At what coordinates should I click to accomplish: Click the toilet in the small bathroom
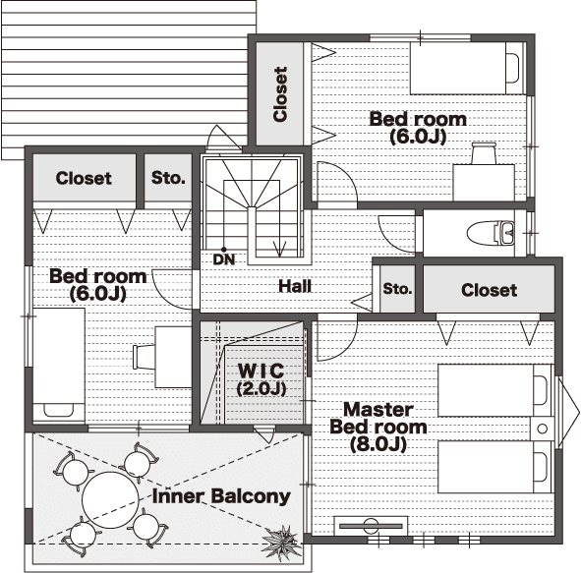coord(491,233)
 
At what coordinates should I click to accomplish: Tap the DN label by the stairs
coord(224,259)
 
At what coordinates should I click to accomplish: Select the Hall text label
coord(295,286)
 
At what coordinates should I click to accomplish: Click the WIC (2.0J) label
coord(261,379)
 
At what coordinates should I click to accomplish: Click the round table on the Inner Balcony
coord(110,500)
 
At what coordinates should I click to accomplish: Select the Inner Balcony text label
coord(221,496)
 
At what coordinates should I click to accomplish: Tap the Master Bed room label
coord(378,427)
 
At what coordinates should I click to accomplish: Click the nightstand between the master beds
coord(542,429)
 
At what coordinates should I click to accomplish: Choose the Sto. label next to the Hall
coord(397,289)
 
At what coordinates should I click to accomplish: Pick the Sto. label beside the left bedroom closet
coord(168,178)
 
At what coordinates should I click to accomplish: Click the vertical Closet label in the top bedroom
coord(280,94)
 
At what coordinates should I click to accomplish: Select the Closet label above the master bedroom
coord(490,290)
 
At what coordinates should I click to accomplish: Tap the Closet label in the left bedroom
coord(84,178)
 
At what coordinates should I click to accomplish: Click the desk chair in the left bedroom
coord(144,357)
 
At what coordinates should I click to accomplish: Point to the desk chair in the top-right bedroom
coord(484,152)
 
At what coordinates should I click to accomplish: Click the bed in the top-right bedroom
coord(468,68)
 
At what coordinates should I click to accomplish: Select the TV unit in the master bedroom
coord(371,526)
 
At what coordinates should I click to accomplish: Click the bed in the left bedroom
coord(59,365)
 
